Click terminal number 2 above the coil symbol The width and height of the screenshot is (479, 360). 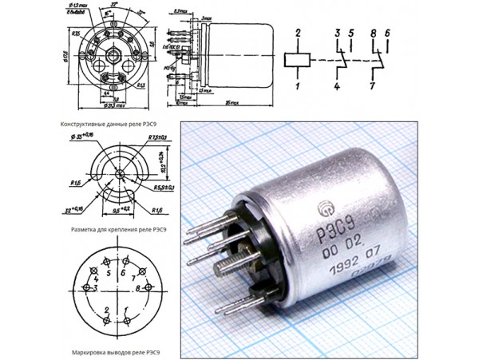pyautogui.click(x=297, y=33)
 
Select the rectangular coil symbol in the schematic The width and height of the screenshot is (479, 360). pyautogui.click(x=297, y=59)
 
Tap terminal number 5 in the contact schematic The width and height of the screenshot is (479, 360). pyautogui.click(x=350, y=33)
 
